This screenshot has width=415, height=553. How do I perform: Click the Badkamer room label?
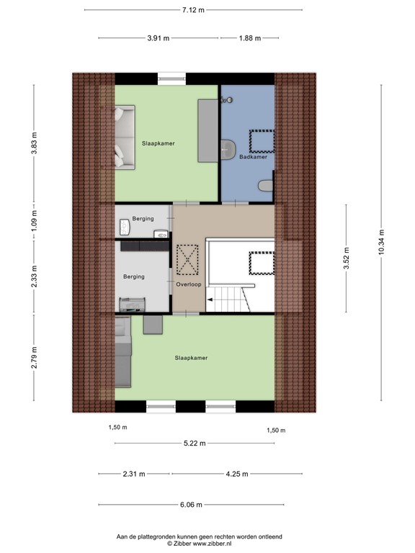[253, 156]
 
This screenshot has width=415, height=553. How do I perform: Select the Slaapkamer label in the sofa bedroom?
[158, 143]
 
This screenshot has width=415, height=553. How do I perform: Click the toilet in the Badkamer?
[266, 185]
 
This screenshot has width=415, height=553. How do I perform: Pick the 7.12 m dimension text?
[192, 10]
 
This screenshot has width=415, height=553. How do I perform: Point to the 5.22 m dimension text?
[194, 443]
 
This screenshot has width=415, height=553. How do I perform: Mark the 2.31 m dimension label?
[133, 474]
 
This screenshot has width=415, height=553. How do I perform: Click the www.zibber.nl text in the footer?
[226, 544]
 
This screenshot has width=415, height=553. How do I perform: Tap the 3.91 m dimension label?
[158, 38]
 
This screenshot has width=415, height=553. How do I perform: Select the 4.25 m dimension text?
[236, 474]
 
